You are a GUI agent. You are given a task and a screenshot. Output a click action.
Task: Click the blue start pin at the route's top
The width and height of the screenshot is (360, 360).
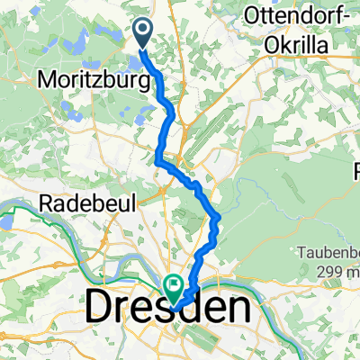click(145, 33)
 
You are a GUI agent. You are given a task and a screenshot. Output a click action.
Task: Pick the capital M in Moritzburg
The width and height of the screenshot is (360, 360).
click(47, 80)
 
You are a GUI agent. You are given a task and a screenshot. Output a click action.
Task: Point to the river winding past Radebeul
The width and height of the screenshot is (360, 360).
click(36, 217)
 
